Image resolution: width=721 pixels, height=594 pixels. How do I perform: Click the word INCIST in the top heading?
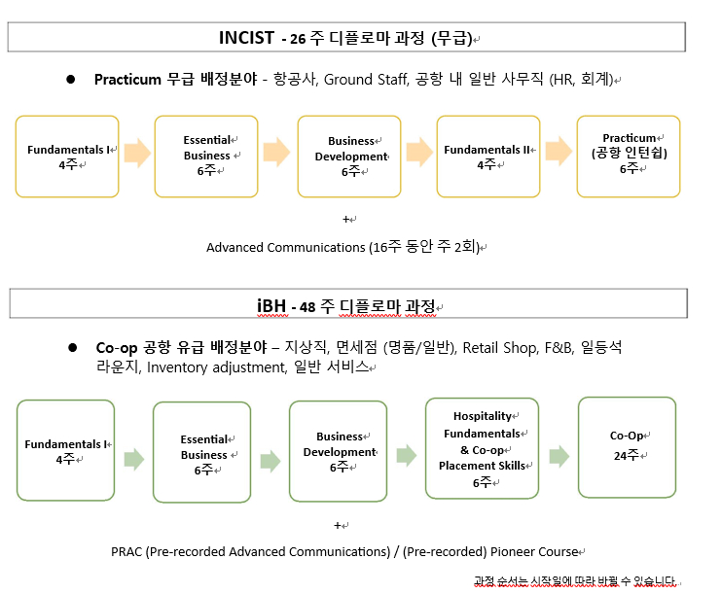[246, 38]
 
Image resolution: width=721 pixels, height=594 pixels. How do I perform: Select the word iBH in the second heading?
[271, 306]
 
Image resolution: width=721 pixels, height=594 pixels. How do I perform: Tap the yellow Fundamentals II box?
[488, 157]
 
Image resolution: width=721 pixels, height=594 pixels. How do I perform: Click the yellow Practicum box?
[629, 157]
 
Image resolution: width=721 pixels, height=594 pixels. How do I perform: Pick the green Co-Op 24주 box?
[628, 447]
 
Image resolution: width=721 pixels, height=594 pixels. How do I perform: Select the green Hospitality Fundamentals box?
[482, 448]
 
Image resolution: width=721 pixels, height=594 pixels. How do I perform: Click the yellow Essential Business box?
[206, 157]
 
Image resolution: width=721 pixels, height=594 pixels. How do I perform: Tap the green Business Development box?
[338, 451]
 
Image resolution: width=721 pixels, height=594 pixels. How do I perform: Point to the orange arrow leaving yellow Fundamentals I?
[137, 153]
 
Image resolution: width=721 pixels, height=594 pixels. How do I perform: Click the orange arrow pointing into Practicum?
[559, 151]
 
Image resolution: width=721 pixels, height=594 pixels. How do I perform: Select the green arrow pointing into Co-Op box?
[559, 456]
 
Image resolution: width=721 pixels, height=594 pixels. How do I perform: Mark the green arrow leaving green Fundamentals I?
[134, 459]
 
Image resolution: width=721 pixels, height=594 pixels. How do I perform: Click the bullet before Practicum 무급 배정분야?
[70, 80]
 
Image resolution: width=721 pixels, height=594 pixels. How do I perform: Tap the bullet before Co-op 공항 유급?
[72, 348]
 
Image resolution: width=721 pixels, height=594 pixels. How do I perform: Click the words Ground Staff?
[367, 80]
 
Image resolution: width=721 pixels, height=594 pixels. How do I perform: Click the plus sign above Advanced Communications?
[346, 219]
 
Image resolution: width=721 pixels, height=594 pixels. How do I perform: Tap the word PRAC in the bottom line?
[126, 551]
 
